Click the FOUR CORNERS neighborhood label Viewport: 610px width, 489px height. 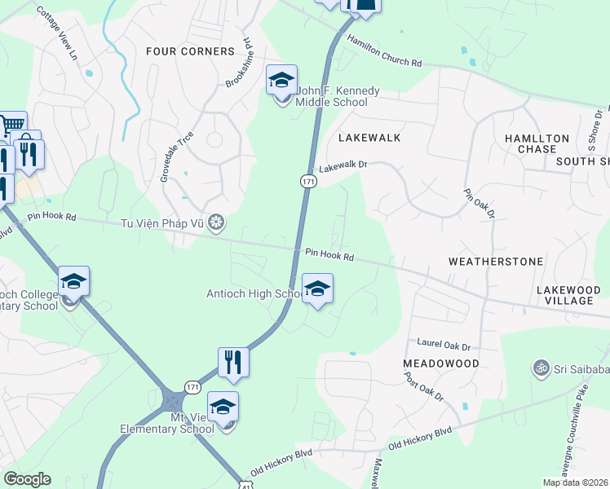click(x=190, y=51)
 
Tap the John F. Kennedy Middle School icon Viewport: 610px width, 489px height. click(x=282, y=81)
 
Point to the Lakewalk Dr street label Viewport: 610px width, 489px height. click(x=343, y=166)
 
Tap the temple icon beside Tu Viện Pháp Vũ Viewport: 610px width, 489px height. click(x=216, y=222)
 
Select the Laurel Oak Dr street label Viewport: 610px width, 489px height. click(x=444, y=346)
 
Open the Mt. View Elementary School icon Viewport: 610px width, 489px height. click(x=223, y=407)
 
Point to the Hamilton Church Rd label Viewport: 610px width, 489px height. click(x=384, y=51)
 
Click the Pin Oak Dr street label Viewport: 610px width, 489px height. click(x=479, y=205)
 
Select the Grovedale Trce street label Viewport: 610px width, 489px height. click(x=170, y=157)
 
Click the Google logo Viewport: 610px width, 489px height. click(x=27, y=479)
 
